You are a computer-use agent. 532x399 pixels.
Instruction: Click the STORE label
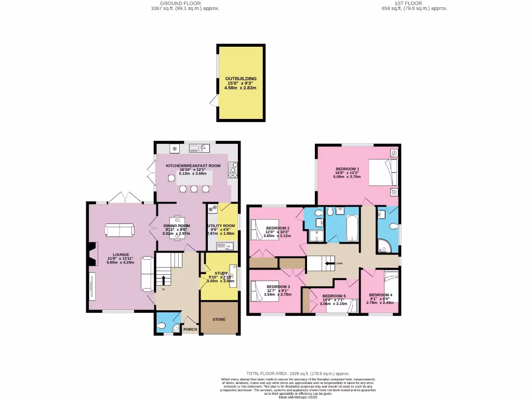[x=219, y=319]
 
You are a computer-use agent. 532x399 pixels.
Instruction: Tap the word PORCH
[x=189, y=329]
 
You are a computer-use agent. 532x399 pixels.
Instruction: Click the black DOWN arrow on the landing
[x=330, y=263]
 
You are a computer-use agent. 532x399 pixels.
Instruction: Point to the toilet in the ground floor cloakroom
[x=162, y=326]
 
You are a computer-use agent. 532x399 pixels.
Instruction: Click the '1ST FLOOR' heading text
[x=414, y=3]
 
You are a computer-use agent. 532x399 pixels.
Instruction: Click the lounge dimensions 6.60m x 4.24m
[x=121, y=262]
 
